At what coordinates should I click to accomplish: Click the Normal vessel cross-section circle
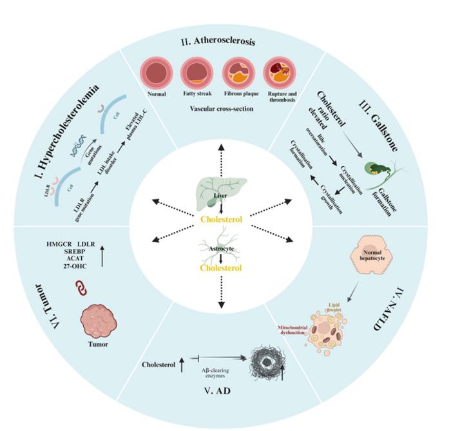156,72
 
